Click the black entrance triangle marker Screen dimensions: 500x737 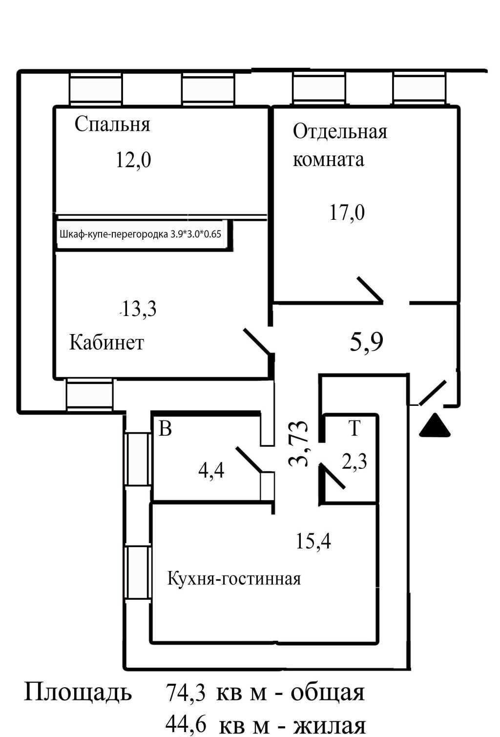435,426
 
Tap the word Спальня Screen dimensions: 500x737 112,125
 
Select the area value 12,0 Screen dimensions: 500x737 134,160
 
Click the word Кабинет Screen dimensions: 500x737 106,342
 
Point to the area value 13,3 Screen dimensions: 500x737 139,309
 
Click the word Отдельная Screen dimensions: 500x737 340,131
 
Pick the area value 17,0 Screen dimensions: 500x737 347,212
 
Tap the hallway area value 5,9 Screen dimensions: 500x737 366,342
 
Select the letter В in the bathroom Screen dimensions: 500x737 165,429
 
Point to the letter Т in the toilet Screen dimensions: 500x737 354,428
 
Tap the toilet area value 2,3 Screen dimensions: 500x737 354,461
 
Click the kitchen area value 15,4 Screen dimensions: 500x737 313,541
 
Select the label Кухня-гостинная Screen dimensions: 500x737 234,579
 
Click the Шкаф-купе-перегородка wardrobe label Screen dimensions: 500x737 141,234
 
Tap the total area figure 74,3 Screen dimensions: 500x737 186,692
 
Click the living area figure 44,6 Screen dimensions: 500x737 186,724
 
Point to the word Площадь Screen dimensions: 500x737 78,693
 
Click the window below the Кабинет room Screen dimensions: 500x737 89,394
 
